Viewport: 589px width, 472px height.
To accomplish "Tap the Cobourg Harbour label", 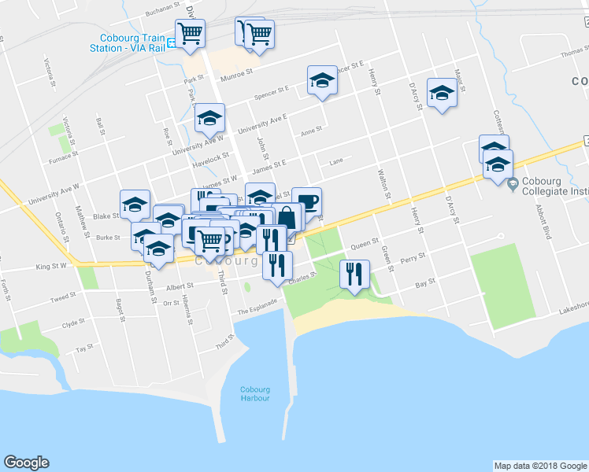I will point(255,393).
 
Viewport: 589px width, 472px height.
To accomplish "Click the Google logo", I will point(26,463).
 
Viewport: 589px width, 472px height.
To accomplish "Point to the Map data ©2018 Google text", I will point(539,466).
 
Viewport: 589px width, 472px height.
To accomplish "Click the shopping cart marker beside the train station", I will point(190,34).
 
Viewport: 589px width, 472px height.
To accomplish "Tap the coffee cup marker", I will point(306,201).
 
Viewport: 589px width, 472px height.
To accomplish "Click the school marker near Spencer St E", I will point(321,80).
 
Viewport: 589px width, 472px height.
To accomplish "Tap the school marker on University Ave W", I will point(209,118).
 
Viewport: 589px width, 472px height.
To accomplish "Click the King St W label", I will point(51,267).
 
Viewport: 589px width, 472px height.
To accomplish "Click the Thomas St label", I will point(573,54).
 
